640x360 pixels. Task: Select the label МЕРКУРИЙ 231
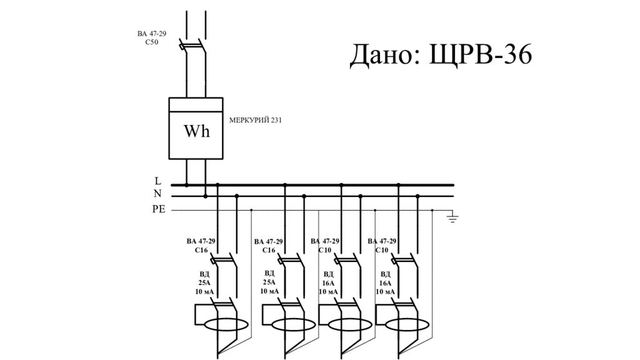pyautogui.click(x=255, y=120)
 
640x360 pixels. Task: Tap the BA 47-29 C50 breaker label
pyautogui.click(x=152, y=38)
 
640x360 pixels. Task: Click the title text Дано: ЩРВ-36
pyautogui.click(x=441, y=55)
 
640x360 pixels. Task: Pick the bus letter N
pyautogui.click(x=157, y=194)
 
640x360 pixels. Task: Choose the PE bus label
pyautogui.click(x=159, y=209)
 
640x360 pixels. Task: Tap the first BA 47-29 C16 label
pyautogui.click(x=201, y=245)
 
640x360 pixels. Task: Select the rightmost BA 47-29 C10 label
pyautogui.click(x=381, y=245)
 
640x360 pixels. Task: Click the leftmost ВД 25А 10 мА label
pyautogui.click(x=204, y=282)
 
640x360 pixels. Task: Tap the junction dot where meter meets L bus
pyautogui.click(x=186, y=185)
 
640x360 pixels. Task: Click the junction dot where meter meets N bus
pyautogui.click(x=205, y=196)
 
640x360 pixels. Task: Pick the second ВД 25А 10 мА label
pyautogui.click(x=269, y=282)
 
